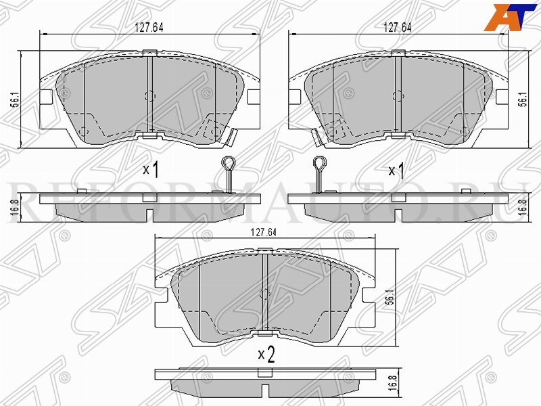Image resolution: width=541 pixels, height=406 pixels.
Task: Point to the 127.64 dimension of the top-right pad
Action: click(398, 28)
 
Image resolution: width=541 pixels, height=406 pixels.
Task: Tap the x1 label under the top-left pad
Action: click(151, 170)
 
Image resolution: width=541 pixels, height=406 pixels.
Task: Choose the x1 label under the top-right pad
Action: click(396, 170)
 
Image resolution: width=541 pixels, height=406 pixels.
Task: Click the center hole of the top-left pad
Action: click(150, 94)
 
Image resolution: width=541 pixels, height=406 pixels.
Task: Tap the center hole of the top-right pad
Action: click(398, 94)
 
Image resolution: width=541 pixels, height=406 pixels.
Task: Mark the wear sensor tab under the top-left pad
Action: click(231, 137)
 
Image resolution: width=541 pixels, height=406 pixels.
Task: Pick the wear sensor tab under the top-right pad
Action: click(316, 137)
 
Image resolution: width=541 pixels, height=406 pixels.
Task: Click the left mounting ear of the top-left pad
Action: click(47, 97)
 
